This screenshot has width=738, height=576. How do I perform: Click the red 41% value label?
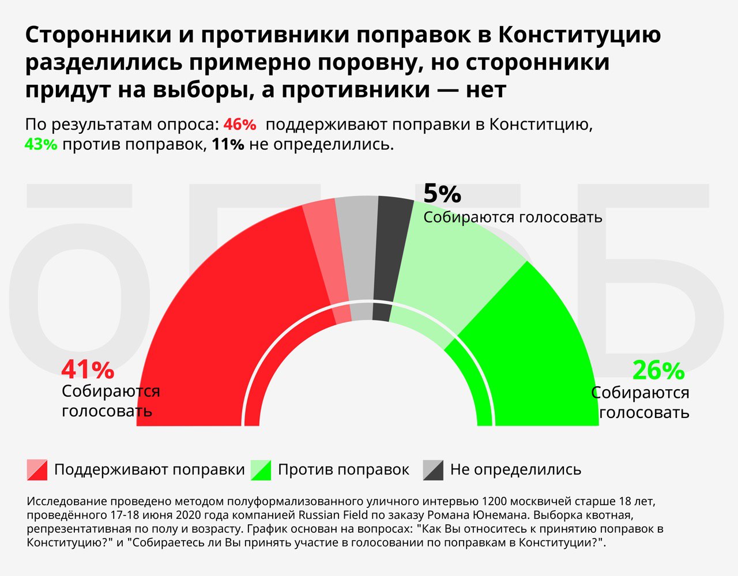(88, 370)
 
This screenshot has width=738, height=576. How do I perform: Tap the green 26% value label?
(658, 371)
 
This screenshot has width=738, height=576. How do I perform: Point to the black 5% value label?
(442, 194)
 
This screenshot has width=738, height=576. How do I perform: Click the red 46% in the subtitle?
(239, 125)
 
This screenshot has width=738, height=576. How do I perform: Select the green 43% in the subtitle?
(41, 144)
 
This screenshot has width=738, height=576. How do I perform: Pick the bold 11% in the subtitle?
(228, 144)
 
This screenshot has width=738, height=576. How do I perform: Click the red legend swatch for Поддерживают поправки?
(37, 470)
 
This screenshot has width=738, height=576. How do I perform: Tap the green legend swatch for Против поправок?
(261, 470)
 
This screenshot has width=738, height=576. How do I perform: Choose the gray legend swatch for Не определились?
(433, 470)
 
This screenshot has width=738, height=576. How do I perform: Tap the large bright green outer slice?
(530, 346)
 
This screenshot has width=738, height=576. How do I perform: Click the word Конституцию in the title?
(579, 36)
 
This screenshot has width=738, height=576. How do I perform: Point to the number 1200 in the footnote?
(494, 500)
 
